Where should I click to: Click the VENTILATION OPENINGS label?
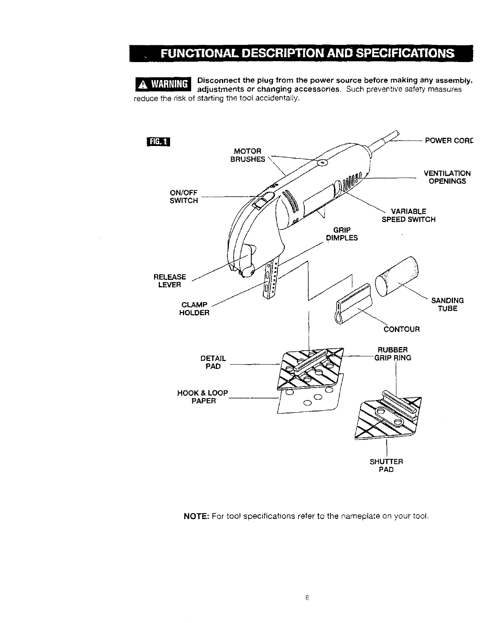click(x=447, y=177)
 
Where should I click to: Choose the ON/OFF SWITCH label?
click(x=183, y=197)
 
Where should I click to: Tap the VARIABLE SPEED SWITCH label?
click(x=408, y=215)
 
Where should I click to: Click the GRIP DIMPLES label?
click(x=341, y=234)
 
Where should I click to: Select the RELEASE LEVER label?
click(x=170, y=281)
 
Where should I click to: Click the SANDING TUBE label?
click(x=447, y=304)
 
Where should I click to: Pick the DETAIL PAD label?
click(x=213, y=362)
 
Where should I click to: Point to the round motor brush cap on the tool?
click(x=322, y=162)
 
